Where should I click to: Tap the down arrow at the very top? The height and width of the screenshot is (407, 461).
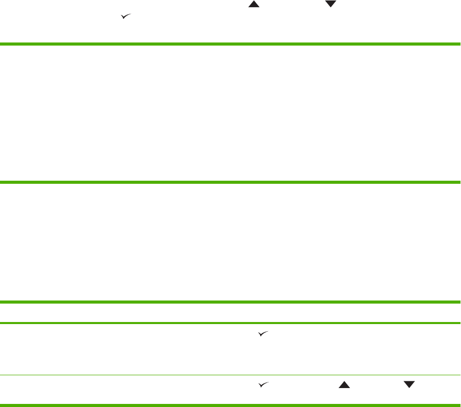tap(331, 4)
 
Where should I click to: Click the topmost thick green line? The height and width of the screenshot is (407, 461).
tap(230, 45)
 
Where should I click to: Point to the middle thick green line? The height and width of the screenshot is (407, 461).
tap(230, 182)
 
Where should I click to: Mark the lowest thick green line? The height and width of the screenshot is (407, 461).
tap(230, 303)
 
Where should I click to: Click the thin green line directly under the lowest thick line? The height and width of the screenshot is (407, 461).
tap(230, 323)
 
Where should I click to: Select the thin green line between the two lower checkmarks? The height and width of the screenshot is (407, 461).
tap(230, 375)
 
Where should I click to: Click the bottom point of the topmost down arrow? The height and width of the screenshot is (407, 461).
tap(331, 7)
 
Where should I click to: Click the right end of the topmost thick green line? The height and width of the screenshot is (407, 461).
tap(459, 45)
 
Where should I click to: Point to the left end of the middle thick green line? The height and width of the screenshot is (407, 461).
tap(1, 182)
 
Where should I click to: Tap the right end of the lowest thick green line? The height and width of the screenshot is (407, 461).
tap(459, 303)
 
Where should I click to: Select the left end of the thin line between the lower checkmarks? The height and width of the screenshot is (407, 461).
tap(1, 375)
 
